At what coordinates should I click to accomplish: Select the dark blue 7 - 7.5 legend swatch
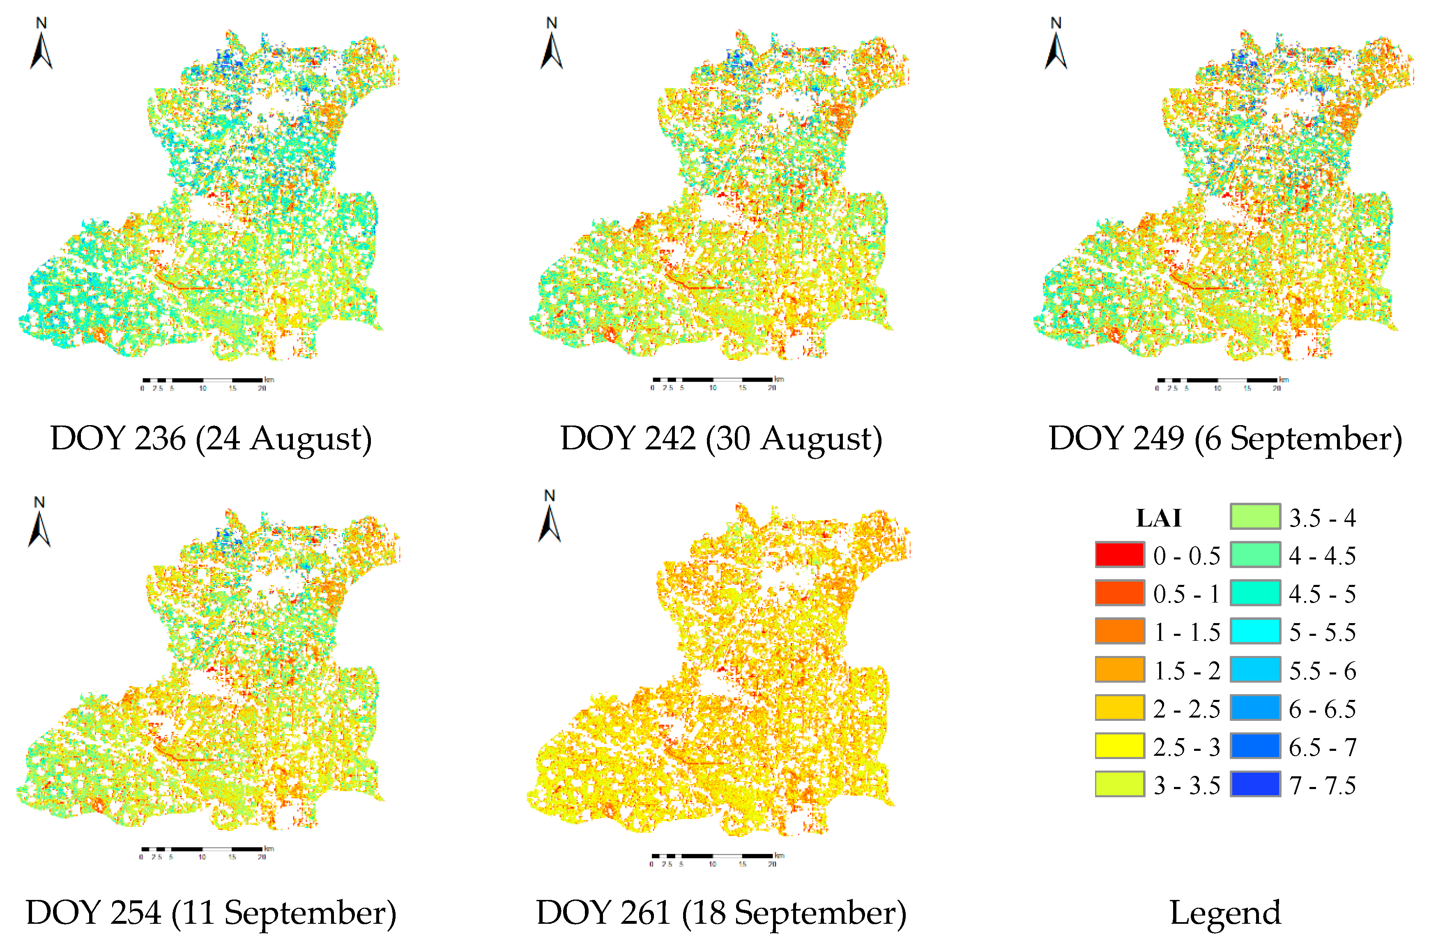(1255, 784)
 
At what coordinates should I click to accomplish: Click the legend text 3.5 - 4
(1322, 518)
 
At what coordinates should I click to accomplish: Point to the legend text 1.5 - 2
(1187, 670)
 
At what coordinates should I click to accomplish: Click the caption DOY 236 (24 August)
(210, 438)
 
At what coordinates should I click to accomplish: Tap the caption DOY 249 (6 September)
(1225, 438)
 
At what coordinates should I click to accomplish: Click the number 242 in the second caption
(670, 438)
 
